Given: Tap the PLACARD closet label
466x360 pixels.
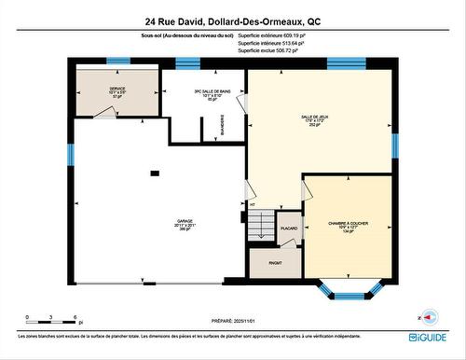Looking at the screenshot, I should pyautogui.click(x=289, y=228).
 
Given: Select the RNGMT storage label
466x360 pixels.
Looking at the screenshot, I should pyautogui.click(x=276, y=263).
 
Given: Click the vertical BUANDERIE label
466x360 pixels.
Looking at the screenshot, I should pyautogui.click(x=234, y=127).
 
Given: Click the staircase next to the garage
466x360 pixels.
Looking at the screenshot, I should pyautogui.click(x=262, y=224).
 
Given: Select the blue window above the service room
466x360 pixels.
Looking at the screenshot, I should pyautogui.click(x=118, y=62).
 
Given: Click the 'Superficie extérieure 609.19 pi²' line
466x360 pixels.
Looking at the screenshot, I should pyautogui.click(x=271, y=36).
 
